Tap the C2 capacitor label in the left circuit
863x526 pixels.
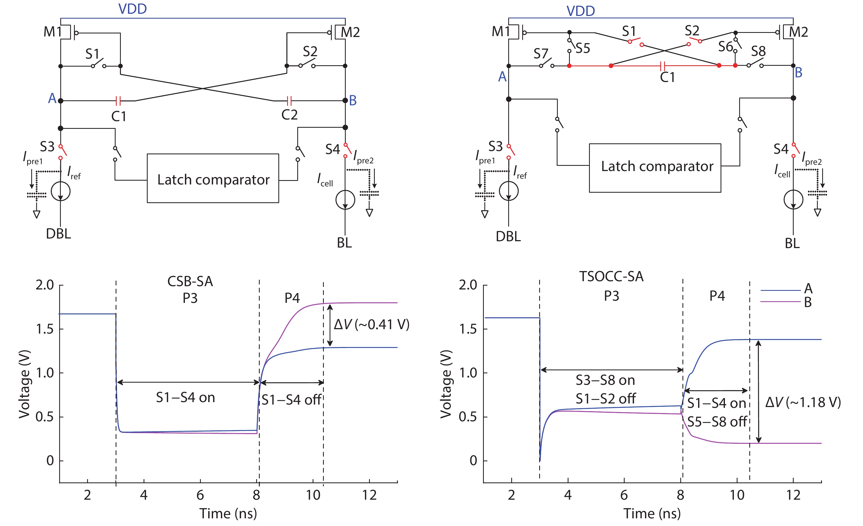pyautogui.click(x=289, y=115)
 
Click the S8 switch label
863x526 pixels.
pyautogui.click(x=758, y=52)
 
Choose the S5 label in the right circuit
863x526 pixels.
pyautogui.click(x=583, y=48)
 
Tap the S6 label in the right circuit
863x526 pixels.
pyautogui.click(x=725, y=47)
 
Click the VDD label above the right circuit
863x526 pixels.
pyautogui.click(x=580, y=11)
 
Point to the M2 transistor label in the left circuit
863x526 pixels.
pyautogui.click(x=350, y=33)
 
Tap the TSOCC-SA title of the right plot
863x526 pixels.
pyautogui.click(x=611, y=277)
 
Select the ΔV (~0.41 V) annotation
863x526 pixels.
pyautogui.click(x=371, y=325)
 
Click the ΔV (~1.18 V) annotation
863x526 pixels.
pyautogui.click(x=803, y=402)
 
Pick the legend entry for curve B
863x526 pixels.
pyautogui.click(x=808, y=302)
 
